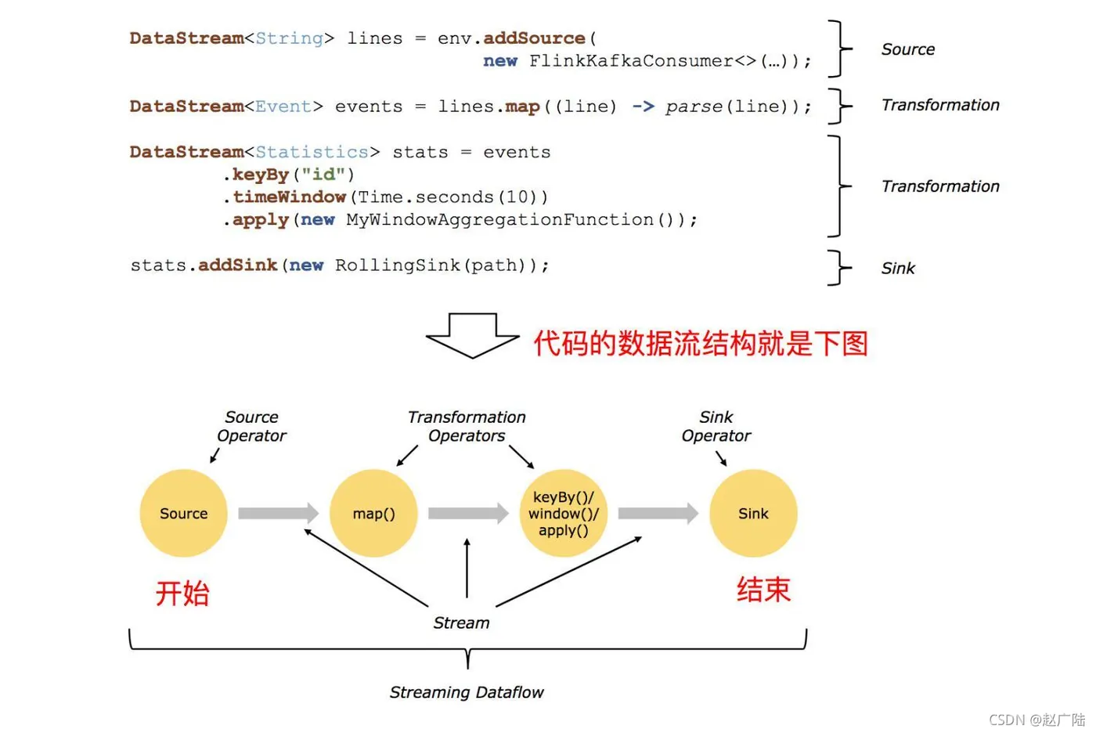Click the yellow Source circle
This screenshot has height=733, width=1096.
tap(183, 513)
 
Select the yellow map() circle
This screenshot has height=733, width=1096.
tap(373, 513)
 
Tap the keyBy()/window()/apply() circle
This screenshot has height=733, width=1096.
tap(563, 513)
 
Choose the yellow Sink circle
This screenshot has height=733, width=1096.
tap(753, 513)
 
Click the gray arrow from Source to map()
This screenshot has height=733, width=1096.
tap(279, 513)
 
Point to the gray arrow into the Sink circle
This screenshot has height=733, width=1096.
tap(658, 513)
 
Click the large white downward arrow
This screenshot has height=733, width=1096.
tap(472, 336)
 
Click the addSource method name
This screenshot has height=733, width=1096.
tap(534, 38)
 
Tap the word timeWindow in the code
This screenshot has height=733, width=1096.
tap(289, 197)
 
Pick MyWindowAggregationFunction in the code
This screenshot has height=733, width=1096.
tap(499, 220)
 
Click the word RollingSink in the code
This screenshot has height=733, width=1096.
tap(398, 265)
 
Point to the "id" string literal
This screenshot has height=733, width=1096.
tap(324, 174)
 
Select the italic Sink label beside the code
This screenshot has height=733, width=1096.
tap(898, 268)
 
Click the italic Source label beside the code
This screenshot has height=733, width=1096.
tap(907, 49)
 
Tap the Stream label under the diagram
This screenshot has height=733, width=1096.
tap(461, 623)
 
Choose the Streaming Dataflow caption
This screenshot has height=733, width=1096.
tap(467, 692)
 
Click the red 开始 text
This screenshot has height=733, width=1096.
tap(182, 593)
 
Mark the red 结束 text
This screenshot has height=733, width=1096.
tap(763, 589)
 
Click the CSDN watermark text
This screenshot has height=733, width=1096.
tap(1037, 720)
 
